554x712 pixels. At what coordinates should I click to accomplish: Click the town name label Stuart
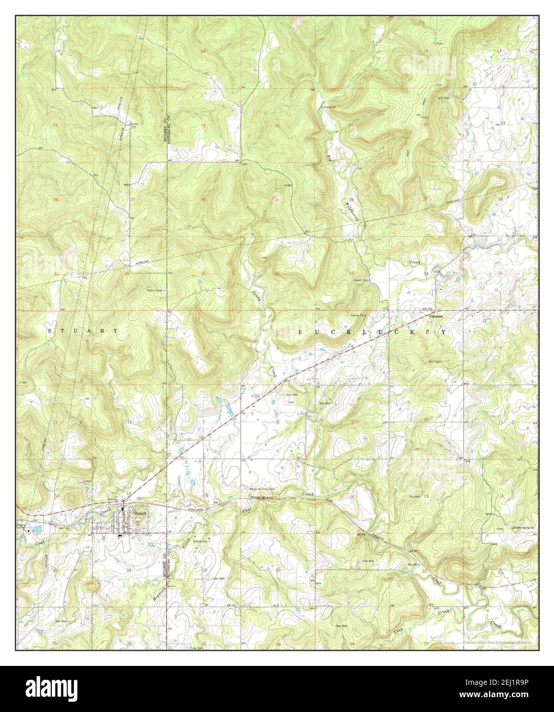(140, 513)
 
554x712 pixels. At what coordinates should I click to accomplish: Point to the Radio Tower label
(155, 290)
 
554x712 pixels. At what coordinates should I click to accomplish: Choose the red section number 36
(126, 274)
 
